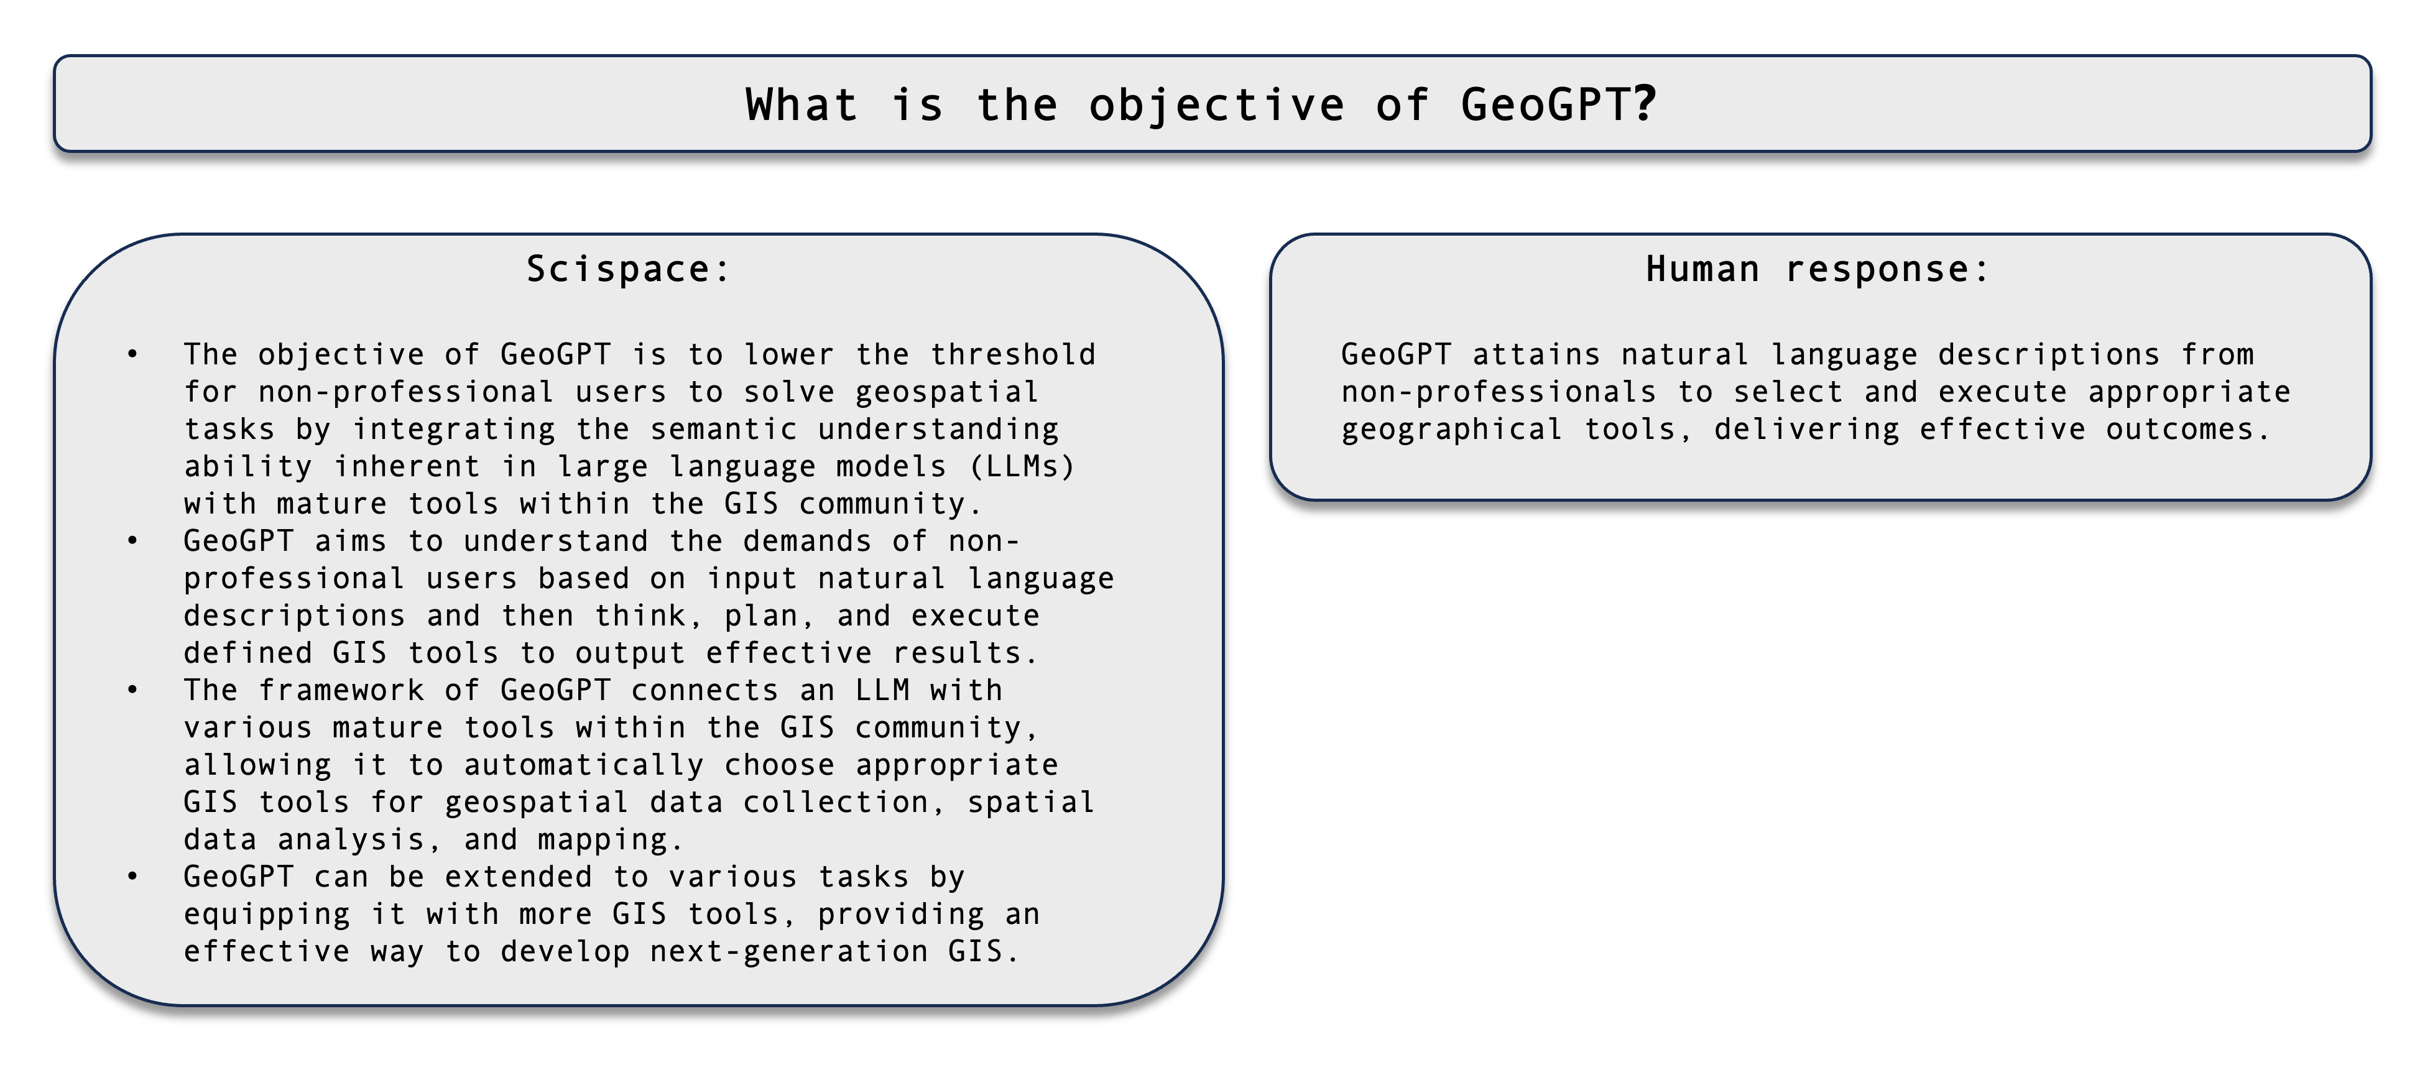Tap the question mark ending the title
(1645, 104)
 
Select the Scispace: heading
(628, 269)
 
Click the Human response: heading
(1818, 269)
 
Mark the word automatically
(584, 765)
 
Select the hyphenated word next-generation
(789, 952)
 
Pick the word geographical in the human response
(1452, 429)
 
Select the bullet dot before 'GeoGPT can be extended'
(132, 877)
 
